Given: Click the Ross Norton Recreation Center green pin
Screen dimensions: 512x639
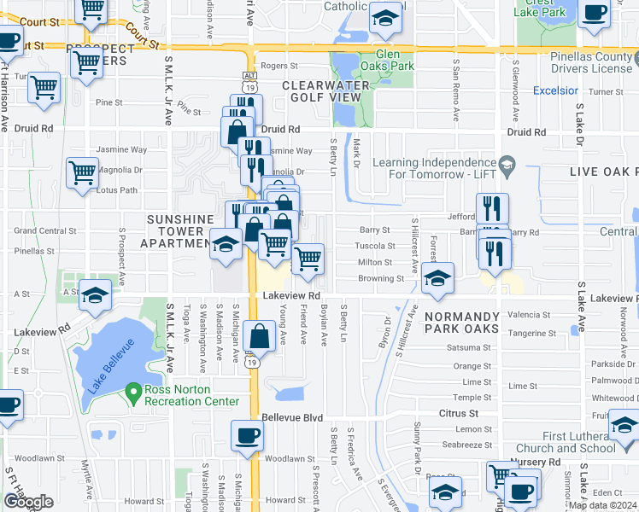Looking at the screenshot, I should [132, 393].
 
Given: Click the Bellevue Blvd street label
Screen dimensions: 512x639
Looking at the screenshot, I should [292, 417].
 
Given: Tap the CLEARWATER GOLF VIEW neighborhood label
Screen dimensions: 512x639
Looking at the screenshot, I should [326, 91].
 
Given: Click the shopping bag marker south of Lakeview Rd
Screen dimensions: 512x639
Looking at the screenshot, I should [260, 336].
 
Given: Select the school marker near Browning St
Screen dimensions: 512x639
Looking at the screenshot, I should [437, 278].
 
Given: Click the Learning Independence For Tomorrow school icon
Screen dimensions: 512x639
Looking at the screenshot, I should [507, 163].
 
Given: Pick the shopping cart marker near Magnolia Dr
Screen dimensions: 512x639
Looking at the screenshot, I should [82, 172].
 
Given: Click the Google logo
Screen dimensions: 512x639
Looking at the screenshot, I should [28, 501].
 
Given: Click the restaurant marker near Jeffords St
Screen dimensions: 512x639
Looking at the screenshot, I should [492, 208].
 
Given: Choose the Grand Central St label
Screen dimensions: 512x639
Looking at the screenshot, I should [45, 231].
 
